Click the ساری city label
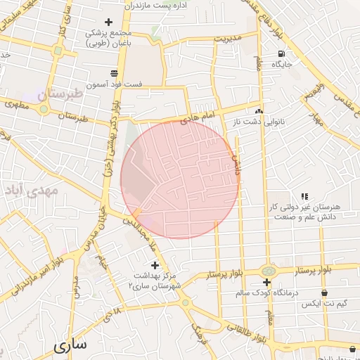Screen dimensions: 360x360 point(70,345)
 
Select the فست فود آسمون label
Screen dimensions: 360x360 point(115,84)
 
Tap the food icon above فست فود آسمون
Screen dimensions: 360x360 point(114,73)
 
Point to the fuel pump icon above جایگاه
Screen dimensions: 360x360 point(282,53)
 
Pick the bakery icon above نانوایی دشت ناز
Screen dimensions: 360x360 point(259,111)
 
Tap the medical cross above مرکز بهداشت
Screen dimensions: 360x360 point(155,265)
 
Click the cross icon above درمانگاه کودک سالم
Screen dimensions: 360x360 point(266,282)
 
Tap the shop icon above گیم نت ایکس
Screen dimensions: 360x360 point(324,292)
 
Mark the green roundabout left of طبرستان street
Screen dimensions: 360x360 point(44,108)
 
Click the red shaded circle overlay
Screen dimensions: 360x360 point(180,179)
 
